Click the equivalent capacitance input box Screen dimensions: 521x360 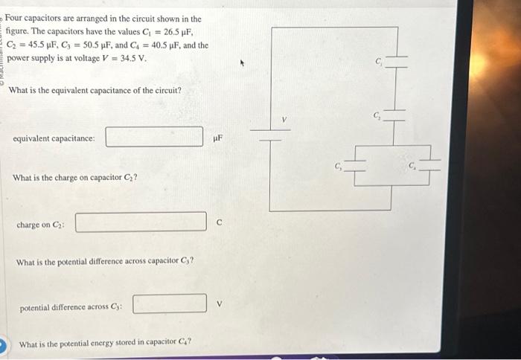point(154,137)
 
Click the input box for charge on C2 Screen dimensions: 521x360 point(141,222)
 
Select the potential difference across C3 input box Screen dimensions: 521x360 point(169,303)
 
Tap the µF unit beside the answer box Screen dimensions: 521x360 point(217,138)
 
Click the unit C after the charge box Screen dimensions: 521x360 point(219,222)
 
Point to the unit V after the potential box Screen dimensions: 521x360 point(219,303)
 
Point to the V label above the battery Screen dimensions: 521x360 point(284,118)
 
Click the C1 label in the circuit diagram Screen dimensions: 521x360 point(379,62)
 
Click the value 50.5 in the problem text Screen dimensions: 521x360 point(95,45)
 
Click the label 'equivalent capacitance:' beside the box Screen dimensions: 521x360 point(54,138)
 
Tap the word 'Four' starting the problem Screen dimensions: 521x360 point(16,18)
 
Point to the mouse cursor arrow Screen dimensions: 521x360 point(241,63)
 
